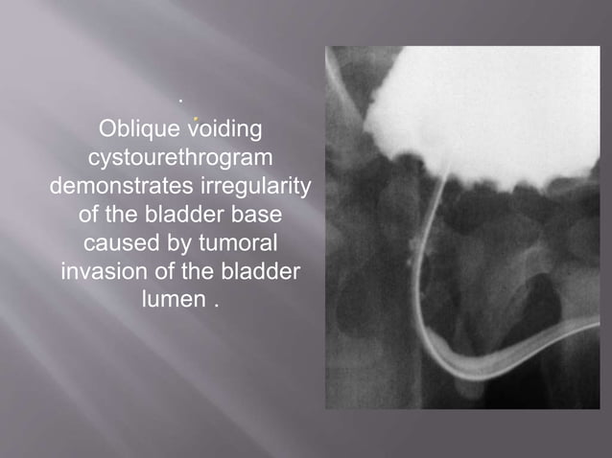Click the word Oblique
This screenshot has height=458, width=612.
[x=137, y=128]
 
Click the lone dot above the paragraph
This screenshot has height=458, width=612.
[x=179, y=98]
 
